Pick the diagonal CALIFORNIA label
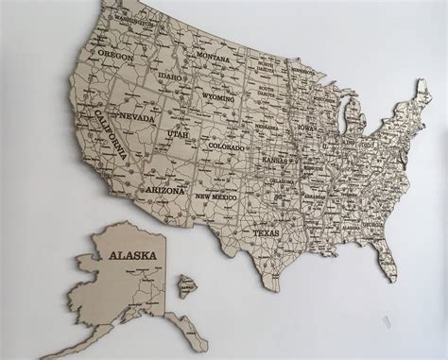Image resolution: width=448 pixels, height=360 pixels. (x=110, y=142)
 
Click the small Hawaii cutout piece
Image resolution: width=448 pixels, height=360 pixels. (x=187, y=282)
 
